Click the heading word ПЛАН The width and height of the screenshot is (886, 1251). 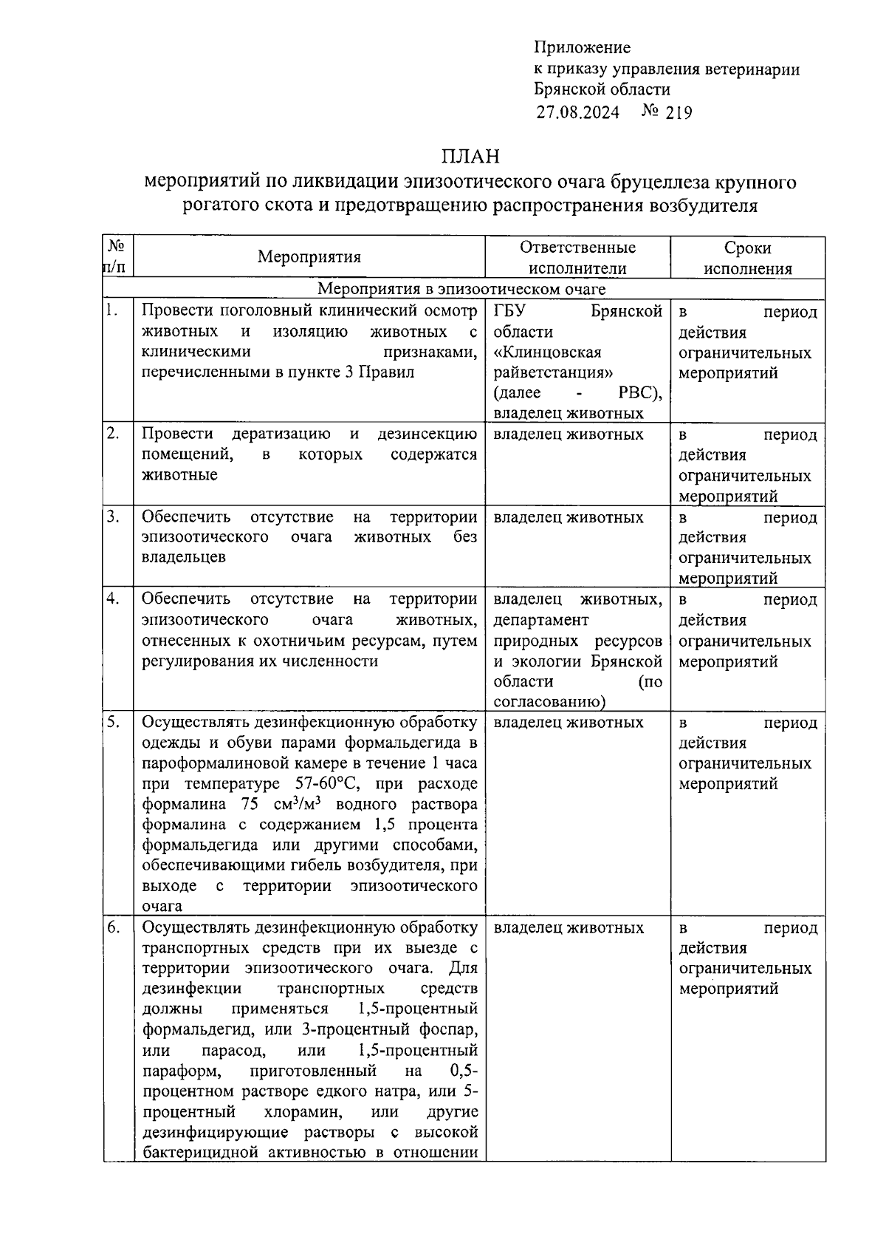click(x=470, y=157)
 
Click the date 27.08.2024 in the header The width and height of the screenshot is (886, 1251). click(x=578, y=112)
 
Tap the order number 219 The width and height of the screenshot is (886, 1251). click(x=678, y=113)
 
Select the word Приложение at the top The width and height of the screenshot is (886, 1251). click(x=582, y=48)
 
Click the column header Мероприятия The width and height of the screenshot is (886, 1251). click(x=309, y=257)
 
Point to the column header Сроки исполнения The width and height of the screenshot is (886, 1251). click(x=747, y=258)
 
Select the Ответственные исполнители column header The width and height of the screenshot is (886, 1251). click(x=577, y=258)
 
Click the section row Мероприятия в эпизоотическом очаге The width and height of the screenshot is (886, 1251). click(x=461, y=289)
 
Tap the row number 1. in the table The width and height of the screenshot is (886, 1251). click(x=112, y=310)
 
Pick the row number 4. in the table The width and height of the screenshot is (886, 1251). click(x=112, y=599)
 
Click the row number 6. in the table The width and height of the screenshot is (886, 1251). click(x=112, y=927)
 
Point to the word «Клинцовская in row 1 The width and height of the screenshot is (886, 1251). click(x=547, y=352)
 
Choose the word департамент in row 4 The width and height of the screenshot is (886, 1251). click(x=541, y=620)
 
